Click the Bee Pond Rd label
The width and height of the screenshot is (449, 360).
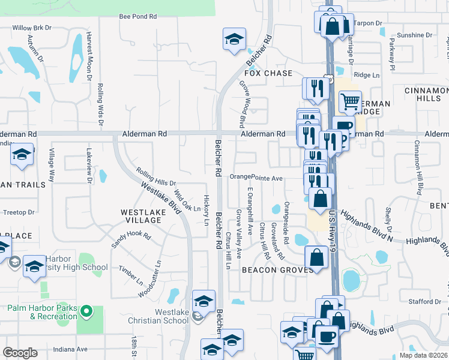click(137, 17)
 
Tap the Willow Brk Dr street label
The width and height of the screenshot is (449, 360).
click(33, 28)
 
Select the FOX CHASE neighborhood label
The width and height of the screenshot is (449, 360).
click(268, 73)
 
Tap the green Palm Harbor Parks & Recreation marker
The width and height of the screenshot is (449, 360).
click(86, 312)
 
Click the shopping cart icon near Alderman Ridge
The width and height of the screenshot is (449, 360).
click(350, 101)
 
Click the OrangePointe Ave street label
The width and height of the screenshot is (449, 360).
click(256, 178)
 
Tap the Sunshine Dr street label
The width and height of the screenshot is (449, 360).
click(411, 35)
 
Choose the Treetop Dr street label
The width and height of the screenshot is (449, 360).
click(19, 212)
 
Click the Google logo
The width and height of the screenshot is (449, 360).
click(20, 352)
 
